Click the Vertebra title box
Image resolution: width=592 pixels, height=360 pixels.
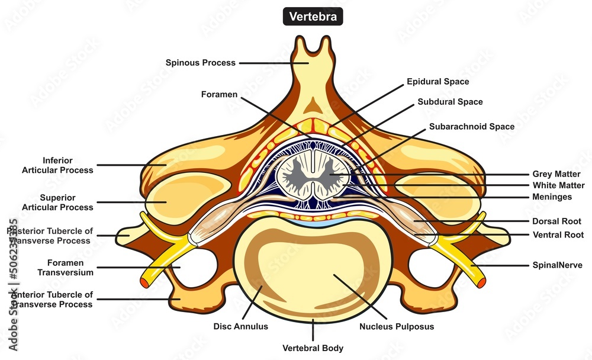pos(313,17)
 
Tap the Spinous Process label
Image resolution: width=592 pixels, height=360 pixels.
pos(201,62)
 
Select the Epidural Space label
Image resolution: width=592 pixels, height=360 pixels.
pos(437,82)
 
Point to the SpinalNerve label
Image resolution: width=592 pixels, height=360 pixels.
pos(557,265)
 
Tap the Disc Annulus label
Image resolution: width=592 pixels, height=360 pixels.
pos(240,326)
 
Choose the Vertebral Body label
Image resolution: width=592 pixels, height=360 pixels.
pos(313,348)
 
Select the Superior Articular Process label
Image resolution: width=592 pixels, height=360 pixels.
pos(57,202)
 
